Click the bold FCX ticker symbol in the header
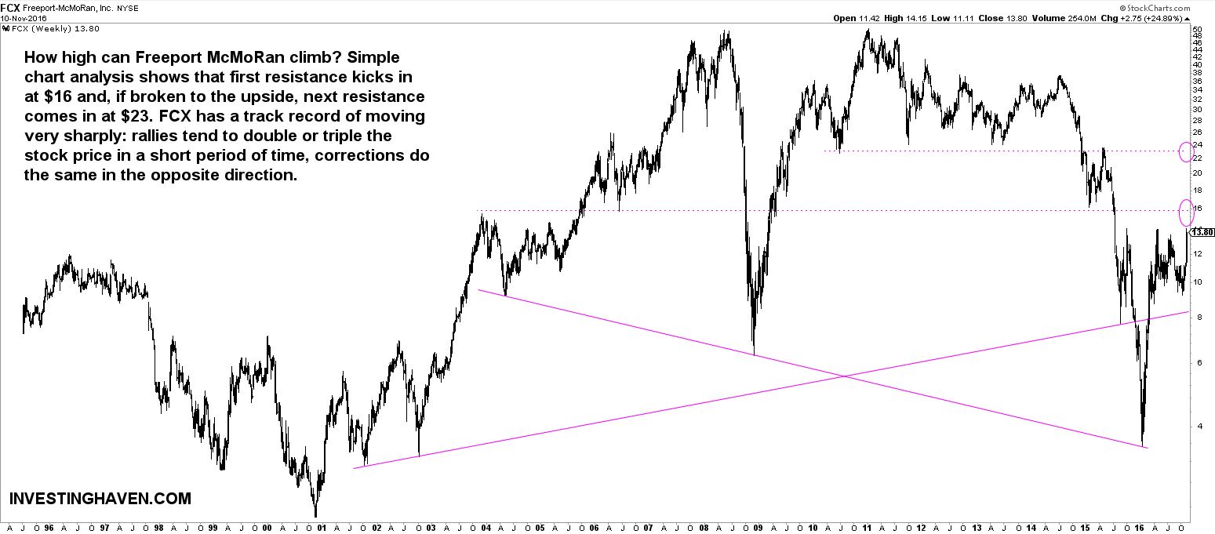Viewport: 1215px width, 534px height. click(11, 5)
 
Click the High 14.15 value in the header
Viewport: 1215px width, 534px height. click(897, 17)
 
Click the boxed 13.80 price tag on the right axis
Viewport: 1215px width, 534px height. click(1202, 232)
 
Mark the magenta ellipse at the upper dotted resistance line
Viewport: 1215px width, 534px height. click(1185, 151)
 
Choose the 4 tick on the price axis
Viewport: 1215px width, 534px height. click(1196, 426)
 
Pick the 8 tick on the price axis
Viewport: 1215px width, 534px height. click(1196, 315)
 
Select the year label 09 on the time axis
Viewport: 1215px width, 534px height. click(757, 527)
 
